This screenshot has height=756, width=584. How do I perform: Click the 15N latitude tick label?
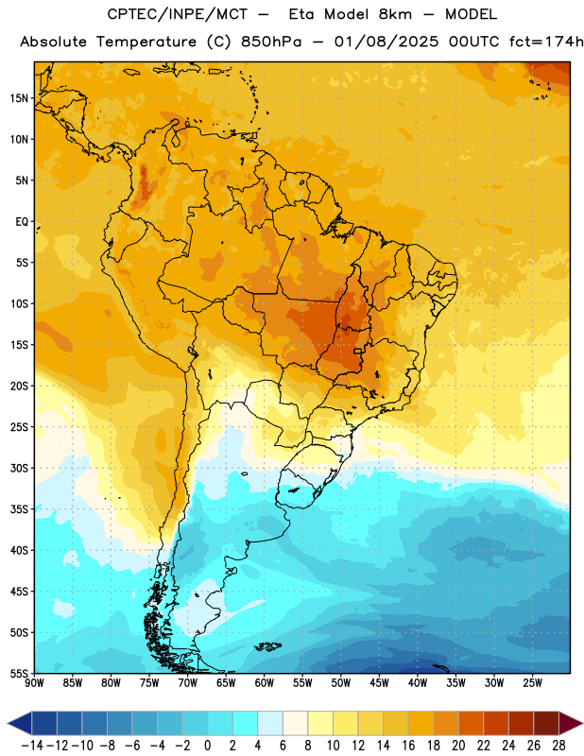[19, 98]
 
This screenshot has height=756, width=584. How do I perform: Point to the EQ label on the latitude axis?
[22, 222]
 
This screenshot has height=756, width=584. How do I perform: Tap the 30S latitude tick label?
[19, 468]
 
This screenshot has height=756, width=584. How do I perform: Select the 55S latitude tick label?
[19, 673]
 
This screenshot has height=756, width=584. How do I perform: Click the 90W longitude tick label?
[34, 682]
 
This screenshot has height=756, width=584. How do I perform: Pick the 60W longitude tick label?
[265, 682]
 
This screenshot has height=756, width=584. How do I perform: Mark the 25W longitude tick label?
[532, 682]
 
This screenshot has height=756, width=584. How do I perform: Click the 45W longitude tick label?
[379, 682]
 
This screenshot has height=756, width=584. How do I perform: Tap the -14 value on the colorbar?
[32, 746]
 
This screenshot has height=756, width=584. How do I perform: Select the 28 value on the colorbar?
[558, 746]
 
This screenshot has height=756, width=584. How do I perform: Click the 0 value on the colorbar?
[207, 746]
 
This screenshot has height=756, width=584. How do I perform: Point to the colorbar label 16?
[408, 746]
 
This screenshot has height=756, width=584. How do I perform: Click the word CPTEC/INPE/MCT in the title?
[177, 14]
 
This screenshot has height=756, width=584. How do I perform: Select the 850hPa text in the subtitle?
[271, 42]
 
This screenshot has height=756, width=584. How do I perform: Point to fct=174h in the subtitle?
[546, 42]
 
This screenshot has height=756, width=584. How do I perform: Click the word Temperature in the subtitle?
[146, 43]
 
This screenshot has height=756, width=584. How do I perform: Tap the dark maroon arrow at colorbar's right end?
[571, 723]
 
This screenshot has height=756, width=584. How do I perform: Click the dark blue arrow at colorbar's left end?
[20, 723]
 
